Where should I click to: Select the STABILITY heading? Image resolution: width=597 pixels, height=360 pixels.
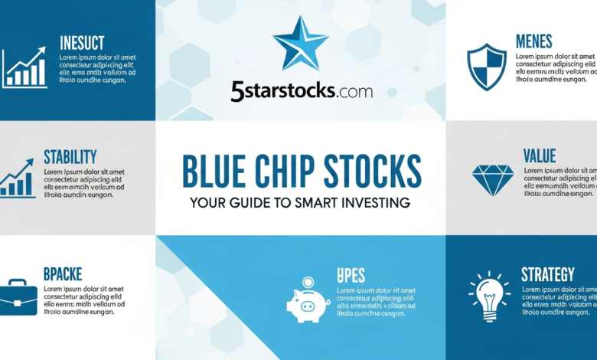click(x=70, y=157)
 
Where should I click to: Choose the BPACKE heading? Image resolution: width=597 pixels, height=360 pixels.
click(x=63, y=273)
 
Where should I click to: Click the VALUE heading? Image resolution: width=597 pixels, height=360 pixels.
click(x=540, y=156)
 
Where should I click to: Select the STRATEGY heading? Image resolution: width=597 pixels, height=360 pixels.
click(x=547, y=274)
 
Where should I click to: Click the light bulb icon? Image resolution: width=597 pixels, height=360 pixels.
click(x=489, y=296)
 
